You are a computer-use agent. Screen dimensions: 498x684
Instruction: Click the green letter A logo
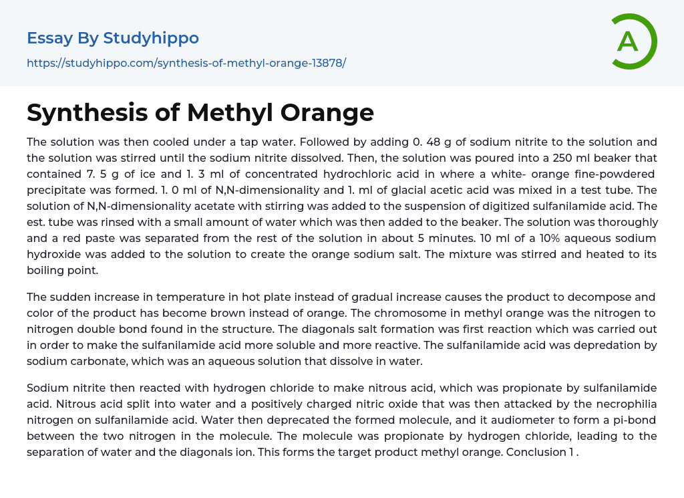(633, 41)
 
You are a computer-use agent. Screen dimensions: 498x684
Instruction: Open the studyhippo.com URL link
(186, 64)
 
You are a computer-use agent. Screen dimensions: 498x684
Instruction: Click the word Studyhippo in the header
(151, 38)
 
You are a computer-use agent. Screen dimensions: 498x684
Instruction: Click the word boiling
(47, 270)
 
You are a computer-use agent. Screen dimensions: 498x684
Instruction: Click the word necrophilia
(610, 404)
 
